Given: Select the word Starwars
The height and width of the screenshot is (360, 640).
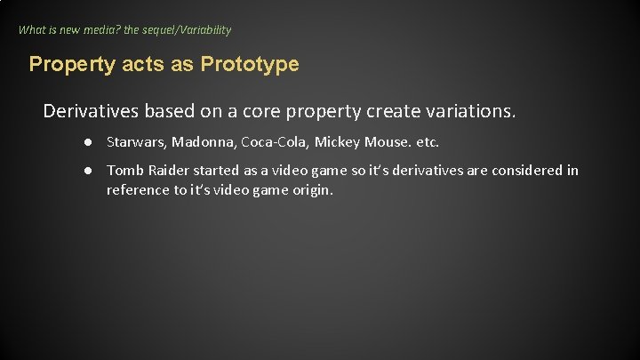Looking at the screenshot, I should tap(136, 142).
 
